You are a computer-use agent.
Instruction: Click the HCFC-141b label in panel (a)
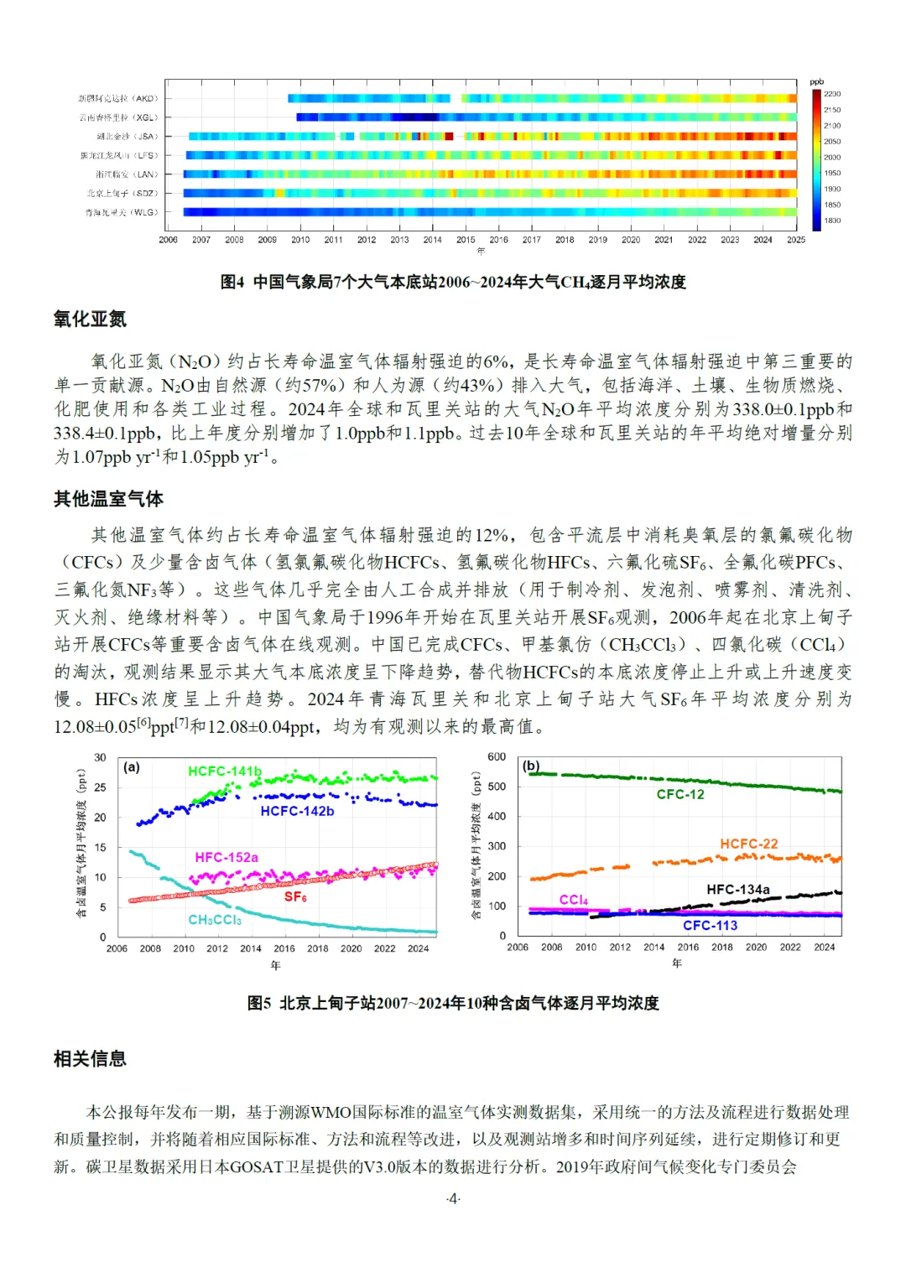(x=224, y=771)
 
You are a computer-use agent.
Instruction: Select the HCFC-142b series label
(x=297, y=811)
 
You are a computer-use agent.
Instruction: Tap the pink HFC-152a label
(x=226, y=857)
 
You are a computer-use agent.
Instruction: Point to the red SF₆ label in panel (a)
(x=295, y=896)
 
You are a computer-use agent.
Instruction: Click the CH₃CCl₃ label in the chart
(x=215, y=920)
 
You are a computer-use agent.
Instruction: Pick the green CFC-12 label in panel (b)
(x=680, y=794)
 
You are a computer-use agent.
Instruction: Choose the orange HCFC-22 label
(x=749, y=844)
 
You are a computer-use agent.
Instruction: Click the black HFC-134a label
(x=738, y=889)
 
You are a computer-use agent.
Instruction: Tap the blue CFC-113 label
(x=710, y=925)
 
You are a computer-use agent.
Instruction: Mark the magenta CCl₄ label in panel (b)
(x=574, y=900)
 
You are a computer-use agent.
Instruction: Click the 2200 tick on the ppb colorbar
(x=832, y=94)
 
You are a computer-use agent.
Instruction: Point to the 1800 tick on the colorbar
(x=832, y=221)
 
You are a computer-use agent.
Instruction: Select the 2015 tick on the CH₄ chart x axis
(x=466, y=240)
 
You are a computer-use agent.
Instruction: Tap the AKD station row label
(x=118, y=98)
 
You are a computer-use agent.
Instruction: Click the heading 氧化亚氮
(x=90, y=319)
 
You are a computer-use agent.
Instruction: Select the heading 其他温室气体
(x=108, y=499)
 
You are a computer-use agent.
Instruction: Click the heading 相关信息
(x=90, y=1058)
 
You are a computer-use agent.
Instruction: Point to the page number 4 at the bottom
(x=453, y=1198)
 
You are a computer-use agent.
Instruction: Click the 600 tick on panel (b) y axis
(x=497, y=756)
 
